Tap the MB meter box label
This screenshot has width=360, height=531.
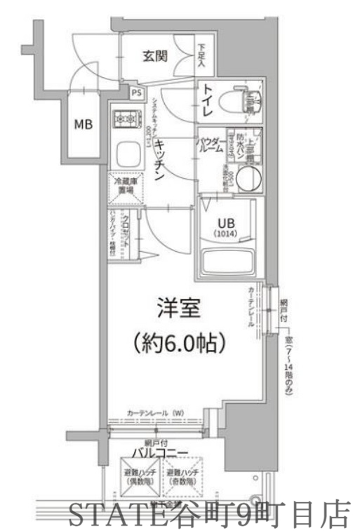(84, 125)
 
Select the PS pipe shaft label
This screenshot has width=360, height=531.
(136, 93)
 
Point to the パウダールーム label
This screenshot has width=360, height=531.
(211, 144)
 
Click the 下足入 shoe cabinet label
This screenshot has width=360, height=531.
(202, 56)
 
